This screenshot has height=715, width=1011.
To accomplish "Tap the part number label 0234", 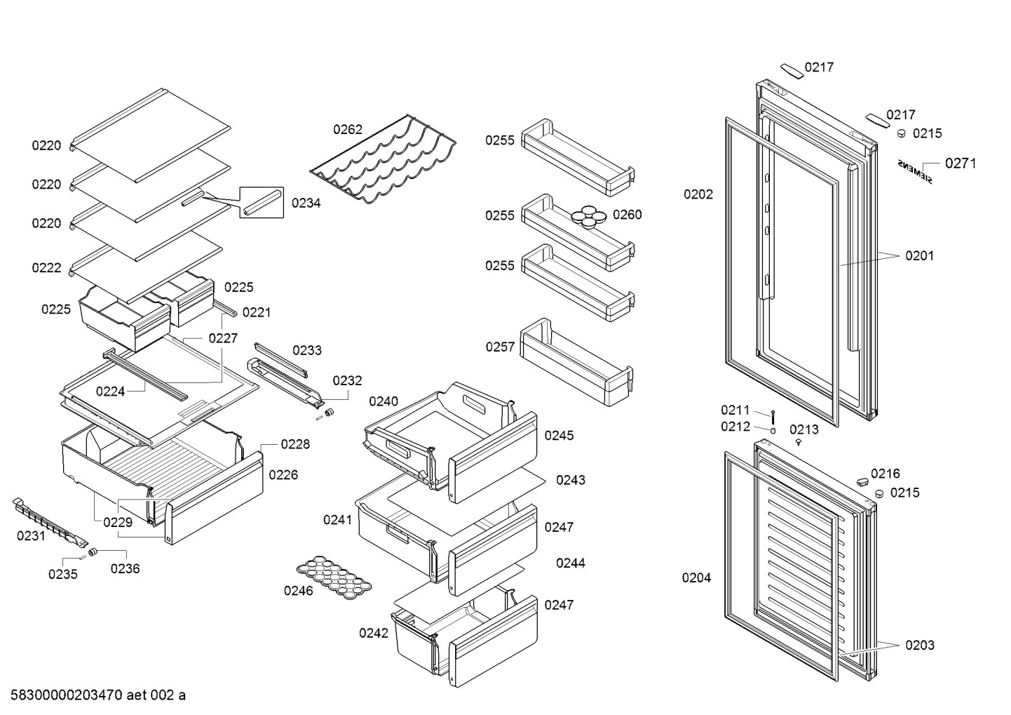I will pyautogui.click(x=306, y=203).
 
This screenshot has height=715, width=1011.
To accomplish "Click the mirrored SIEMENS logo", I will pyautogui.click(x=916, y=171).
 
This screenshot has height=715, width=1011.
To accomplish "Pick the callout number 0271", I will pyautogui.click(x=960, y=163).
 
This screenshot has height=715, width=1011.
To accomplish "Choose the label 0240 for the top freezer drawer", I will pyautogui.click(x=384, y=401).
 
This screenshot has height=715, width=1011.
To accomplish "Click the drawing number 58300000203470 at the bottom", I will pyautogui.click(x=67, y=695).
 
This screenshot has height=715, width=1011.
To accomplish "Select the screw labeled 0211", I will pyautogui.click(x=773, y=415).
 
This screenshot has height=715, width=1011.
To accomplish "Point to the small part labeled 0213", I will pyautogui.click(x=799, y=442).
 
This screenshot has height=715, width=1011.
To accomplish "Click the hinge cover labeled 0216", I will pyautogui.click(x=860, y=480).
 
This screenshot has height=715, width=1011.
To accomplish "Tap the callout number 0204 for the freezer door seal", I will pyautogui.click(x=696, y=578).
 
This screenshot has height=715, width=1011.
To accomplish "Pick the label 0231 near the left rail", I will pyautogui.click(x=31, y=536).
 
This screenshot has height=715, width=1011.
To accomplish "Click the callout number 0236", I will pyautogui.click(x=125, y=568).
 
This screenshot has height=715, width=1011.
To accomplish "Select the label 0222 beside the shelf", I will pyautogui.click(x=46, y=268).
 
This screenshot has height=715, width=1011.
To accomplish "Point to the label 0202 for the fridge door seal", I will pyautogui.click(x=698, y=194).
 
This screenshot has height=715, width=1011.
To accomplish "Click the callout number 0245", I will pyautogui.click(x=559, y=436).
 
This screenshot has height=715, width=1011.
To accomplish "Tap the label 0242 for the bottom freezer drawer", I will pyautogui.click(x=374, y=633).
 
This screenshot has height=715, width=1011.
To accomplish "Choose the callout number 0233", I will pyautogui.click(x=307, y=350).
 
